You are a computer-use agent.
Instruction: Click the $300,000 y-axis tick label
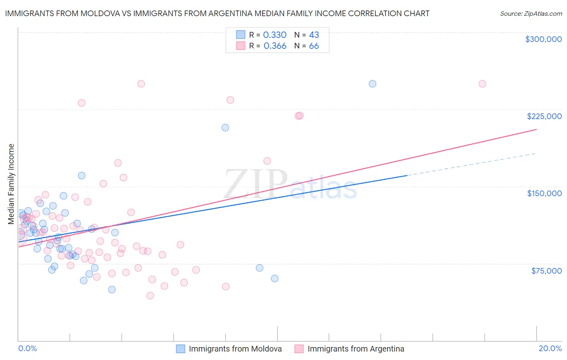(x=543, y=39)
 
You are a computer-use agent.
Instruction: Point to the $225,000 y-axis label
(x=544, y=116)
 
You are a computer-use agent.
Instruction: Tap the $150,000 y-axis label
(x=544, y=193)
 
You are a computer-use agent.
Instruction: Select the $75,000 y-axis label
(x=546, y=271)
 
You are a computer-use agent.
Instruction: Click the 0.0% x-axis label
(x=27, y=348)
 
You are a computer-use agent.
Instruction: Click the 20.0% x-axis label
(x=550, y=348)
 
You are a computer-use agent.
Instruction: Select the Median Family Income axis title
(x=11, y=184)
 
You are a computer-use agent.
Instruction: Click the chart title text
(x=217, y=13)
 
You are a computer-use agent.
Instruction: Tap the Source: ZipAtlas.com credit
(x=531, y=14)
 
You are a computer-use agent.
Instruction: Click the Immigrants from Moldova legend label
(x=235, y=349)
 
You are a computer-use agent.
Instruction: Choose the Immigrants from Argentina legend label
(x=356, y=349)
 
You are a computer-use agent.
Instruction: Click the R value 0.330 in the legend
(x=275, y=35)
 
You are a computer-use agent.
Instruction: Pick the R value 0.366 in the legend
(x=275, y=46)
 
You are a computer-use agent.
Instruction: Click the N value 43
(x=314, y=35)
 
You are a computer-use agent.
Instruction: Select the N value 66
(x=314, y=46)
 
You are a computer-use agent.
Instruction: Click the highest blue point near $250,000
(x=373, y=84)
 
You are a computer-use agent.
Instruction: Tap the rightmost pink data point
(x=482, y=84)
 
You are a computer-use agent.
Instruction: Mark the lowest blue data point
(x=112, y=289)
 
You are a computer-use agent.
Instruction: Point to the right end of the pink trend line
(x=536, y=130)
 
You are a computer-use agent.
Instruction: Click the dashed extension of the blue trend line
(x=472, y=164)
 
